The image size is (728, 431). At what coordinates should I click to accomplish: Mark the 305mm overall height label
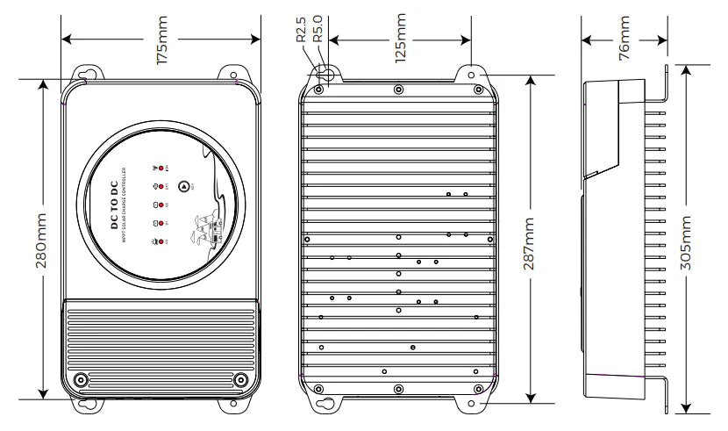[699, 237]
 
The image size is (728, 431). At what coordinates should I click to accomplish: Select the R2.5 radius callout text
[301, 26]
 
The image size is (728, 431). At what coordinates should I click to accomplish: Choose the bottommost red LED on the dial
[161, 241]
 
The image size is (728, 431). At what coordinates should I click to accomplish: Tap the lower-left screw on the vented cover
[81, 379]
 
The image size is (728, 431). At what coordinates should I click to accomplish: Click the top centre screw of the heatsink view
[399, 89]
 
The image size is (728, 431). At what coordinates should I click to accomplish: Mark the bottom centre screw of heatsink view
[399, 388]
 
